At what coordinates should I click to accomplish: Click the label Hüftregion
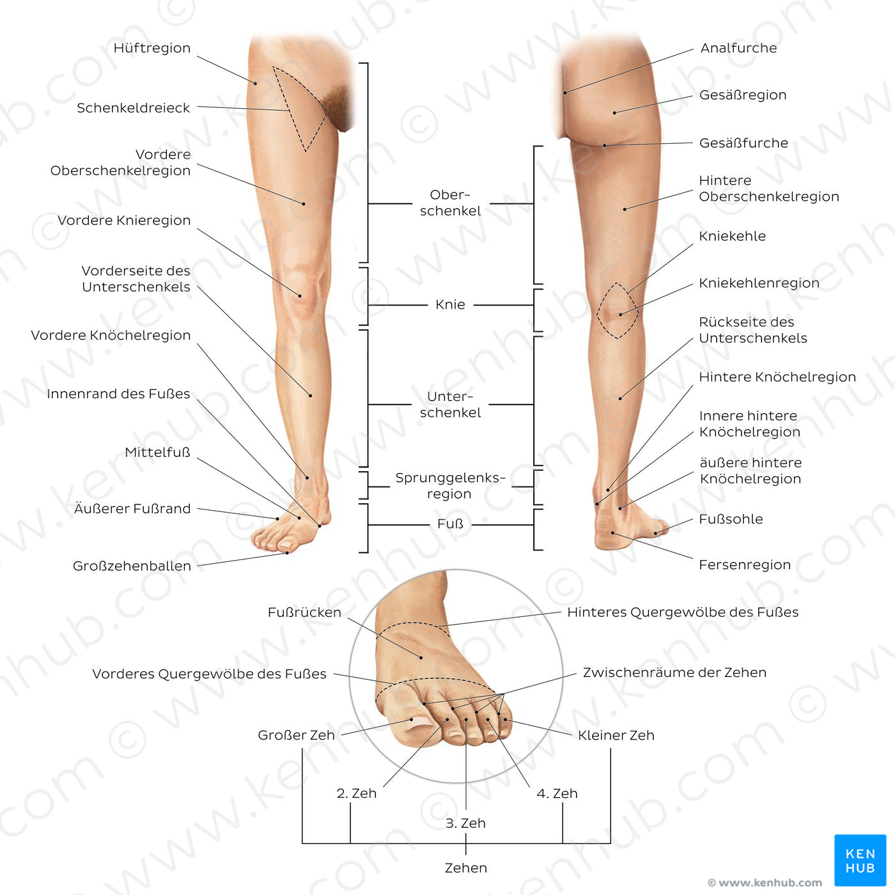coord(152,49)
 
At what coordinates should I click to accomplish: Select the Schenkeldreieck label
coord(134,108)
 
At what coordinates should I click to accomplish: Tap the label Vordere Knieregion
coord(124,220)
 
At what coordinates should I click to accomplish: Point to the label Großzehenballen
coord(132,566)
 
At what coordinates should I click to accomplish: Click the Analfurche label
coord(738,49)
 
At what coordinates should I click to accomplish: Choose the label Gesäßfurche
coord(743,143)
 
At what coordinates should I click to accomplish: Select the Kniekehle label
coord(732,236)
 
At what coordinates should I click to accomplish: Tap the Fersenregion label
coord(745,564)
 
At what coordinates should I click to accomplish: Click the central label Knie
coord(450,305)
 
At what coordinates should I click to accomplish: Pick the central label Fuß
coord(450,524)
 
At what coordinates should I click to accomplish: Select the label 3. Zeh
coord(465,823)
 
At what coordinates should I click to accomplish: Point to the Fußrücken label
coord(304,612)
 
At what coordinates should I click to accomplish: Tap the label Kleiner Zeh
coord(616,735)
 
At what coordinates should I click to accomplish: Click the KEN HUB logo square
coord(860,860)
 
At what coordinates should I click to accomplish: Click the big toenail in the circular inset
coord(419,723)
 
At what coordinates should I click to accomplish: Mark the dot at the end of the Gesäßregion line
coord(614,113)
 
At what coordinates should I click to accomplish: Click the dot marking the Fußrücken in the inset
coord(421,658)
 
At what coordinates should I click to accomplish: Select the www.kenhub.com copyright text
coord(765,882)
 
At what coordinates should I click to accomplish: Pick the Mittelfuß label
coord(157,453)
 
